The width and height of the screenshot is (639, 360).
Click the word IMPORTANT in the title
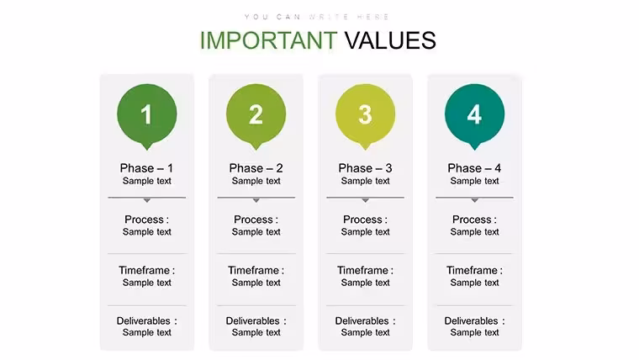click(268, 40)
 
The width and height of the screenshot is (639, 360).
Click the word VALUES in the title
click(390, 40)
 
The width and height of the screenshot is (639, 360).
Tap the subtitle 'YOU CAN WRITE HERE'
click(317, 17)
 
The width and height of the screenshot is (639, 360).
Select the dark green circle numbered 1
click(147, 114)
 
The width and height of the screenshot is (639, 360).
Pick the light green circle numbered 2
click(256, 114)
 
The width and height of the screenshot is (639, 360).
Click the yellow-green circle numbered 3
click(365, 114)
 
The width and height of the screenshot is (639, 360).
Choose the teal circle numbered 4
click(474, 114)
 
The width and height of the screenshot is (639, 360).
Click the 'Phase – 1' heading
click(146, 168)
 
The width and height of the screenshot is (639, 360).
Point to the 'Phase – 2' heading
click(256, 168)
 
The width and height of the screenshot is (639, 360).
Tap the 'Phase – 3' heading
click(365, 168)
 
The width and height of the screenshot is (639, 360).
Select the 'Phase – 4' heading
click(474, 168)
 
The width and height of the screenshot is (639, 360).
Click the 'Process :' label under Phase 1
click(146, 220)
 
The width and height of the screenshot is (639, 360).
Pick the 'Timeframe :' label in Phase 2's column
click(256, 270)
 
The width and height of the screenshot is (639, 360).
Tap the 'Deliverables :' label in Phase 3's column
click(365, 320)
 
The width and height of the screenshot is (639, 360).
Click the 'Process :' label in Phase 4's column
click(474, 220)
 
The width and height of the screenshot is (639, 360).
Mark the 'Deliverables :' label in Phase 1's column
click(146, 320)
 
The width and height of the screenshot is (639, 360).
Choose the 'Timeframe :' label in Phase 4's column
click(474, 270)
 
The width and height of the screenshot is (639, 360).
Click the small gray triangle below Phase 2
click(256, 200)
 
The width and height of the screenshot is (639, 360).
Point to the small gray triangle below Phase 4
click(474, 200)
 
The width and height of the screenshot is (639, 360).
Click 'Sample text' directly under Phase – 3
click(365, 181)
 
